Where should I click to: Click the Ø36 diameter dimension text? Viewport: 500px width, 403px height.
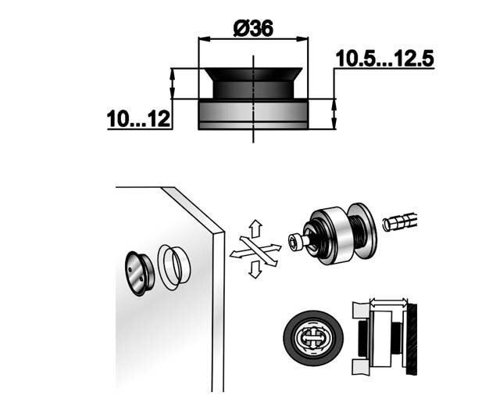click(x=253, y=28)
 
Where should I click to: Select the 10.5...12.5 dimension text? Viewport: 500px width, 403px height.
click(x=384, y=59)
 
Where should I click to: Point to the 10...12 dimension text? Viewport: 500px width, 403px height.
click(x=138, y=120)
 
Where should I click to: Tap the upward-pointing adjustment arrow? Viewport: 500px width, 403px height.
click(x=255, y=228)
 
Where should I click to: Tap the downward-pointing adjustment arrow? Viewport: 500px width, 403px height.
click(x=255, y=269)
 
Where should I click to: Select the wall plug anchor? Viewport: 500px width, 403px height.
click(x=399, y=221)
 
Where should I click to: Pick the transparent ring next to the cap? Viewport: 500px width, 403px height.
click(x=174, y=268)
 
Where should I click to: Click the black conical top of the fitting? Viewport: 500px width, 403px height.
click(x=253, y=83)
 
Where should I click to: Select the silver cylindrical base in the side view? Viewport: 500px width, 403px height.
click(x=253, y=114)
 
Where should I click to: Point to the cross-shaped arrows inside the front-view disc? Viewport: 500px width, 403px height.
click(x=313, y=338)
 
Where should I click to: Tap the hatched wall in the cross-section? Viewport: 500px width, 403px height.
click(x=411, y=339)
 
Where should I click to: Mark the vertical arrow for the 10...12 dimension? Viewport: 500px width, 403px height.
click(x=172, y=84)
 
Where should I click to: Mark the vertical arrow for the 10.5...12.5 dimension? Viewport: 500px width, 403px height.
click(x=334, y=114)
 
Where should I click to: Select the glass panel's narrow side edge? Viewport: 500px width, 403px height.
click(x=218, y=311)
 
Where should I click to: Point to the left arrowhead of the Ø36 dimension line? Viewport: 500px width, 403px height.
click(x=205, y=38)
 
